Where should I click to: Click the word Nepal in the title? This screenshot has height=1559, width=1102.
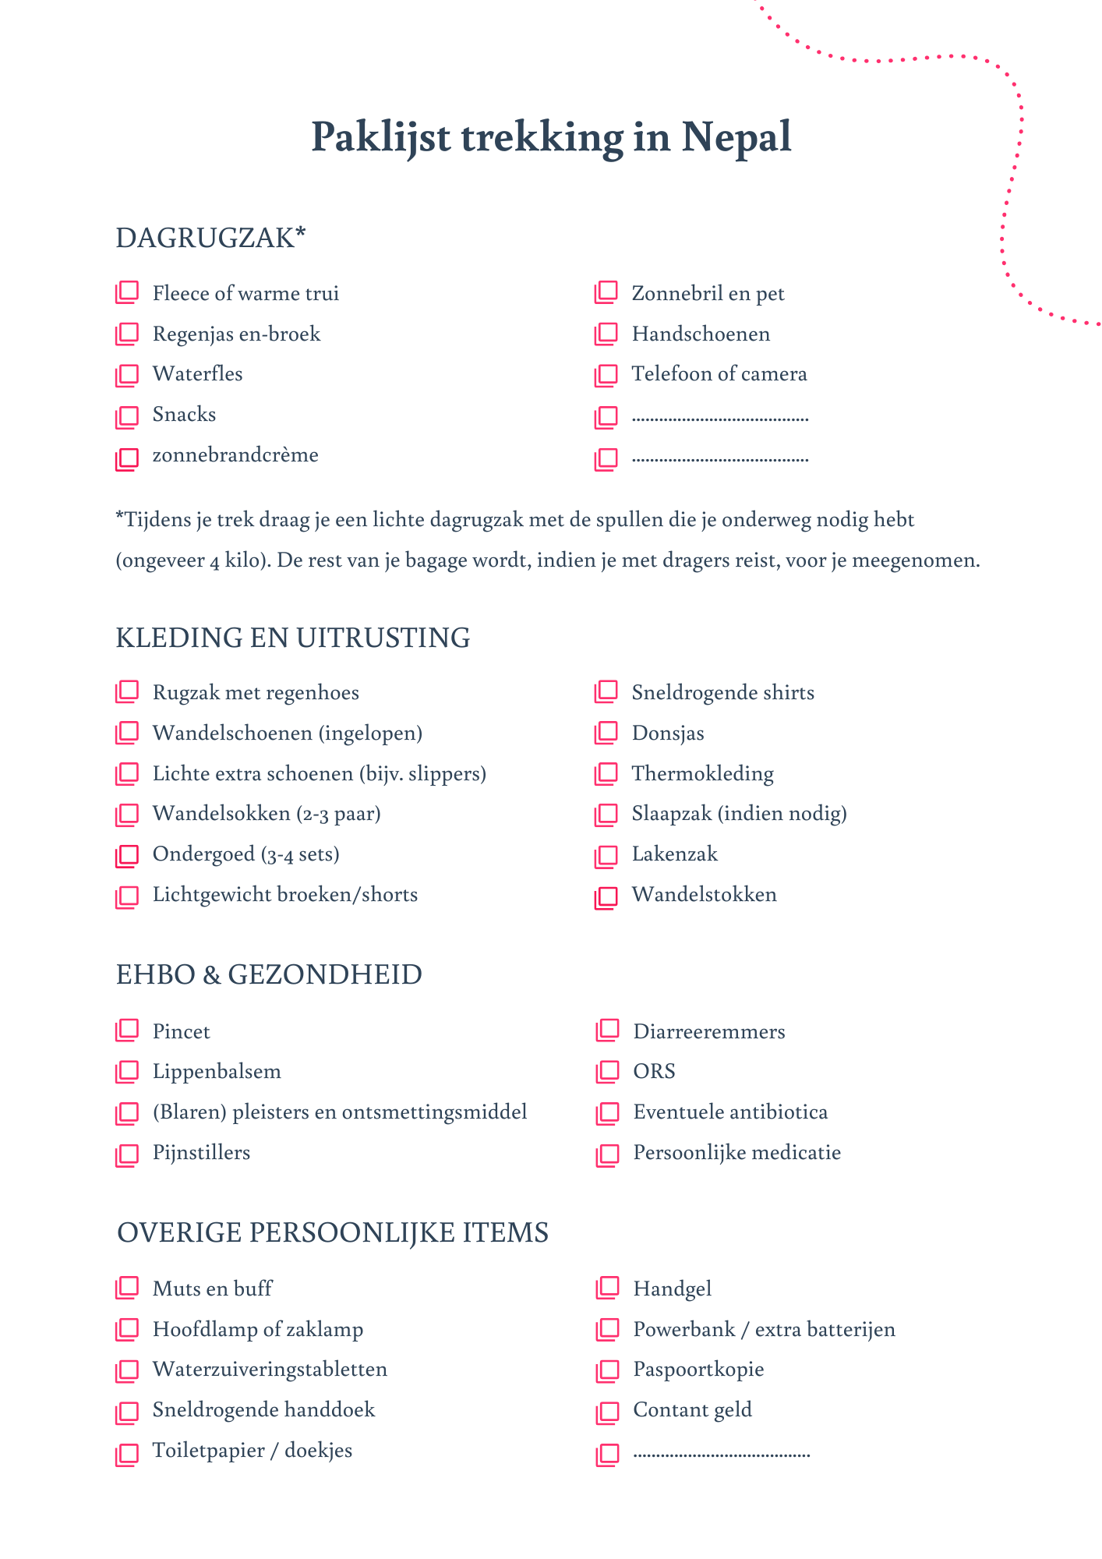coord(736,138)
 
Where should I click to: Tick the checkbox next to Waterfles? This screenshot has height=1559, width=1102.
coord(127,375)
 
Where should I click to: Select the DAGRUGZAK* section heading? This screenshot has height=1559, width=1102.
coord(210,238)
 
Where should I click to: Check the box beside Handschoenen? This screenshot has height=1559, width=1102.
coord(606,334)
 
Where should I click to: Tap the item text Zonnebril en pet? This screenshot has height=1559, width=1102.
coord(707,294)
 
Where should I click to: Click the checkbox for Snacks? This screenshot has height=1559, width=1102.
coord(127,416)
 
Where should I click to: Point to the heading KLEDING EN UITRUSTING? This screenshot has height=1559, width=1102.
coord(292,638)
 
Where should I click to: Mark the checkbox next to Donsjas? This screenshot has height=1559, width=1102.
coord(606,734)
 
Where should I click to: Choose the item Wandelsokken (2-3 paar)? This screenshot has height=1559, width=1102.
coord(267,814)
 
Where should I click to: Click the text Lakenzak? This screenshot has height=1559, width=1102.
coord(674,854)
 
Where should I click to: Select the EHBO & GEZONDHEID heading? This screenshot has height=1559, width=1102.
coord(269,974)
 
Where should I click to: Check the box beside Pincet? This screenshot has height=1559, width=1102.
coord(127,1030)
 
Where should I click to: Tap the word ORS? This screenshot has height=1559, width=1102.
coord(654,1071)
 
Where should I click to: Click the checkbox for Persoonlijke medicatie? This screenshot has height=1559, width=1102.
coord(607,1154)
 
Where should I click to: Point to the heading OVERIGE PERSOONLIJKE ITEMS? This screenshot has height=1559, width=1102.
coord(333,1232)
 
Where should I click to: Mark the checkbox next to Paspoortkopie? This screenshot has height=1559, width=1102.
coord(607,1370)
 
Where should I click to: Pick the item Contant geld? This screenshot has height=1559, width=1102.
coord(692,1410)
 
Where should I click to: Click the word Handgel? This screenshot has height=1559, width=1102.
coord(672,1289)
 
